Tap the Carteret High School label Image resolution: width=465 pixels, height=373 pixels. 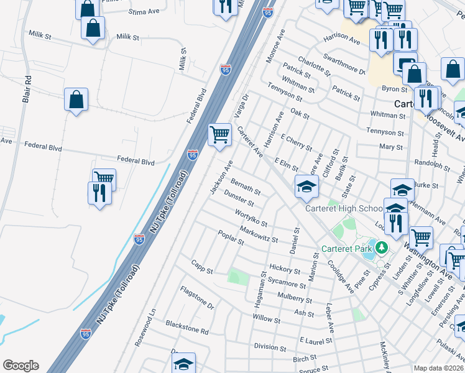pos(344,208)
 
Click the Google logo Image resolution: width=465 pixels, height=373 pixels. pos(21,366)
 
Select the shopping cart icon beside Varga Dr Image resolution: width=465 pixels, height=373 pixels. pos(219,134)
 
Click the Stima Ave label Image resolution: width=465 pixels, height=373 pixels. pos(144,12)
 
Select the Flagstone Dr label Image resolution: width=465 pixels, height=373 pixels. pos(197,298)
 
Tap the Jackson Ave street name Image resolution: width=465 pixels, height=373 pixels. pos(221,177)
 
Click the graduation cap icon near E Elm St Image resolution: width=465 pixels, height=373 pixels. pos(306,185)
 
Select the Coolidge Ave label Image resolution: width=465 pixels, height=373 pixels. pos(341,274)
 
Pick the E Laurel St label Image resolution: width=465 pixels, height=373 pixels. pos(315,341)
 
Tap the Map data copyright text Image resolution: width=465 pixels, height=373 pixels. pos(439,368)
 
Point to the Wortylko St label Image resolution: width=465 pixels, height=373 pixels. pos(251,218)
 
